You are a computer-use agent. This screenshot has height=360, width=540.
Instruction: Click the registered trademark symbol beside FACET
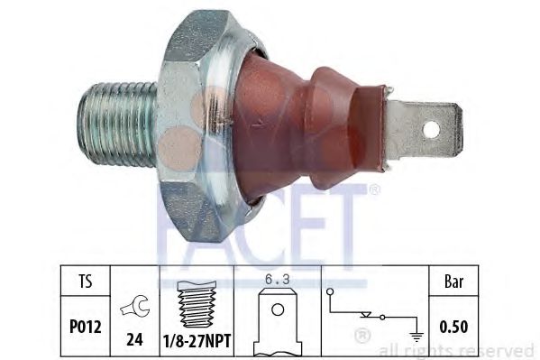374,190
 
